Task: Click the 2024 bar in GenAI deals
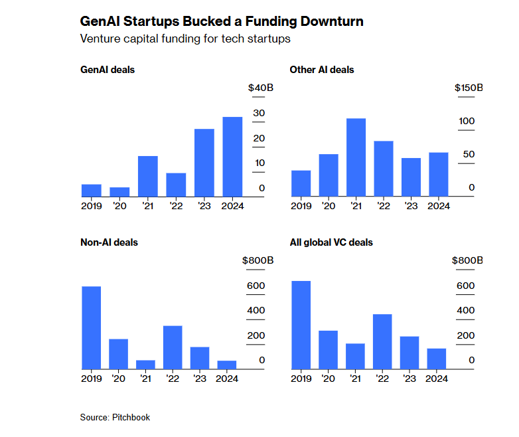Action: coord(232,157)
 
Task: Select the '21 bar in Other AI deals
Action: coord(356,157)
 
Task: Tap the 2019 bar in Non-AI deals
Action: coord(91,327)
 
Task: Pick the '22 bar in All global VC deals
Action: coord(382,341)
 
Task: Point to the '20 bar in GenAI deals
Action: coord(119,192)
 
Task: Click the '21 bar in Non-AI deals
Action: coord(145,365)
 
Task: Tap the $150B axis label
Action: coord(469,88)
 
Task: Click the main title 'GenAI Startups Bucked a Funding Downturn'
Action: coord(222,22)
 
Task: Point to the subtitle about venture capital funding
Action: coord(185,39)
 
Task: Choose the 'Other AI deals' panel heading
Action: coord(322,70)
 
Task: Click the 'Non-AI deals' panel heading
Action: coord(109,242)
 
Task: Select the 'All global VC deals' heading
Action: coord(331,242)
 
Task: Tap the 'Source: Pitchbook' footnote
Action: coord(115,417)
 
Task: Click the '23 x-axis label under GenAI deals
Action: coord(203,206)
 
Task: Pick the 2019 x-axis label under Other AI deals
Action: coord(301,206)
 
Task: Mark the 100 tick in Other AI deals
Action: coord(467,121)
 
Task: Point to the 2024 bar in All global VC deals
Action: coord(437,359)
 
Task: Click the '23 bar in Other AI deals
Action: coord(411,177)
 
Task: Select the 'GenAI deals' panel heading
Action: coord(108,70)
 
